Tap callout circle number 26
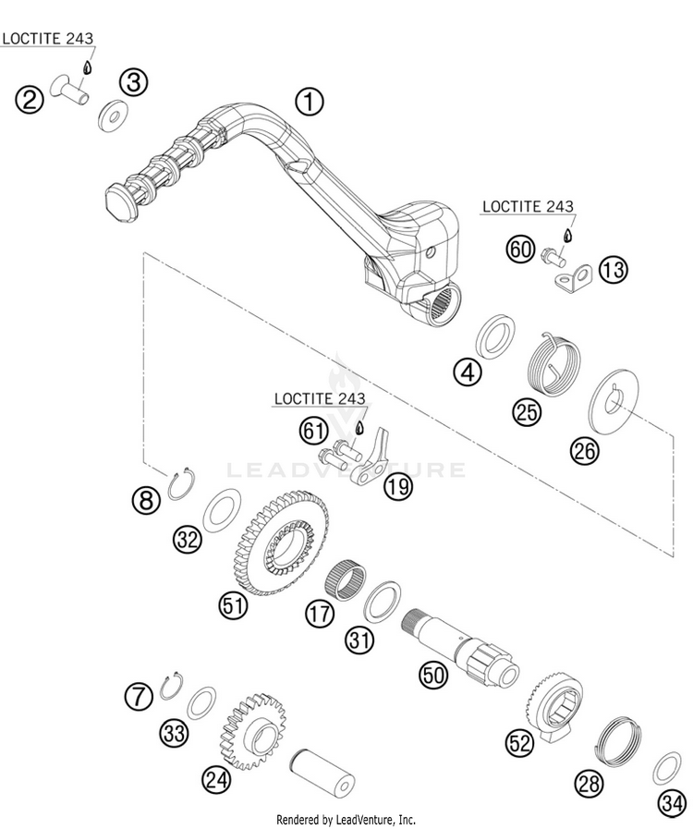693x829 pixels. pyautogui.click(x=585, y=449)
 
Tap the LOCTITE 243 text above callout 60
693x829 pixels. pyautogui.click(x=540, y=207)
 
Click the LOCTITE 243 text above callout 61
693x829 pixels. pyautogui.click(x=319, y=399)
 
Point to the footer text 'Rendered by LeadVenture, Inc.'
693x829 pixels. pyautogui.click(x=346, y=819)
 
